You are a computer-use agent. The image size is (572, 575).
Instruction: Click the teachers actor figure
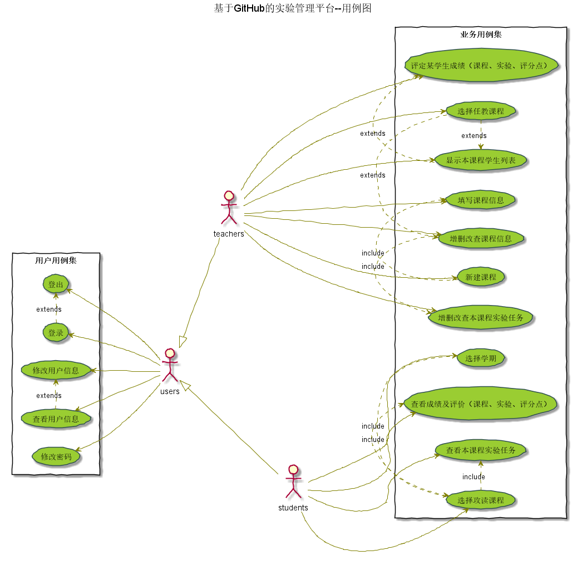[229, 208]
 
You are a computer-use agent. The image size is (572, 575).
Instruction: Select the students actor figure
[293, 481]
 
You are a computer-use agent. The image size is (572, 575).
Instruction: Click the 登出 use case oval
[56, 285]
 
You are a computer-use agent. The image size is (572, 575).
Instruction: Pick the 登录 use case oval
[56, 333]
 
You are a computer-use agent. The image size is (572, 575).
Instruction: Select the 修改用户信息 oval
[56, 370]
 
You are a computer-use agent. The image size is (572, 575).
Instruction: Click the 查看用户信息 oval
[56, 419]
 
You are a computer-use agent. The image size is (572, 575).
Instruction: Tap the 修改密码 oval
[56, 456]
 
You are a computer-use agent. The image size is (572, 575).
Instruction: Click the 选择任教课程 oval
[481, 111]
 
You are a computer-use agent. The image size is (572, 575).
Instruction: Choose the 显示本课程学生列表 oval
[481, 160]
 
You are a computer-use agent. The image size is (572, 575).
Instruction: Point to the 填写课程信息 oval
[481, 200]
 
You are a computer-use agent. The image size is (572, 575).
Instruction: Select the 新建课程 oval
[481, 277]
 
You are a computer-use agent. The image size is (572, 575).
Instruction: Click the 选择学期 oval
[481, 358]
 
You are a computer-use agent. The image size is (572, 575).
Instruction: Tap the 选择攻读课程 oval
[481, 500]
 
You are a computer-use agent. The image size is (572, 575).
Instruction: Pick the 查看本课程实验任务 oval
[481, 450]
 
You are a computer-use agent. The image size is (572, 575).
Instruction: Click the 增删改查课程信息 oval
[481, 239]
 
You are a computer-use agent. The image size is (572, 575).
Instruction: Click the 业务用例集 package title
[481, 35]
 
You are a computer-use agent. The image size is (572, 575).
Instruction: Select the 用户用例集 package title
[56, 260]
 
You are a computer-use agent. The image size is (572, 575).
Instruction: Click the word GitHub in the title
[249, 8]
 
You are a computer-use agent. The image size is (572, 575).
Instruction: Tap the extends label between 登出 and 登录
[49, 309]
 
